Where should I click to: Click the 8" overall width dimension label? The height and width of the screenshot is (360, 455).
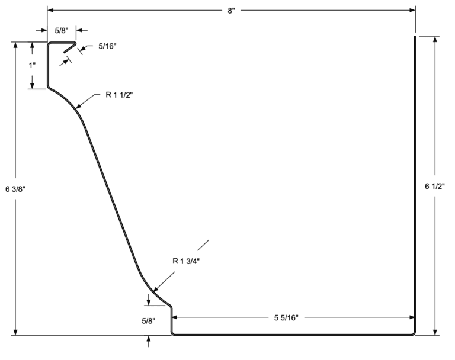point(231,11)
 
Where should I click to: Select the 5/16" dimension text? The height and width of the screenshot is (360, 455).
point(107,46)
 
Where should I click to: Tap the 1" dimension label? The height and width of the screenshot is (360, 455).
point(32,65)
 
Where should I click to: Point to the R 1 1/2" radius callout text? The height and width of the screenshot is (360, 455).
point(119,95)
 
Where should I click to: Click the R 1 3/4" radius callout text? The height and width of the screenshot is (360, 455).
point(186,261)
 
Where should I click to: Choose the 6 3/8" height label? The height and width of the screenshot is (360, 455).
point(15,189)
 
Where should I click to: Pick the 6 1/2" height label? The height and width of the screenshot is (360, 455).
point(435,187)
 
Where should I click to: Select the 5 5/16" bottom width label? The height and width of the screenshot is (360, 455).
point(286,318)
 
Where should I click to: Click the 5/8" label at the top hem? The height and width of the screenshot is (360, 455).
point(62,30)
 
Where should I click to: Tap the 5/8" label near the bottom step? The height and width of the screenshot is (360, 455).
point(149,321)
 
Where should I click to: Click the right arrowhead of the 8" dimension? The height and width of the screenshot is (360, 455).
point(412,11)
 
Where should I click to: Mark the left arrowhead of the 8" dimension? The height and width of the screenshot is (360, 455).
point(50,11)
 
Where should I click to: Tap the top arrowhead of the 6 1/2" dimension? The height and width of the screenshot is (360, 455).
point(435,40)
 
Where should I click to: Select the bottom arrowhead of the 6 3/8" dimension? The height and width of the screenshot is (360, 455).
point(15,332)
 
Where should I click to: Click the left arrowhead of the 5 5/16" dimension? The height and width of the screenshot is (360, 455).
point(175,317)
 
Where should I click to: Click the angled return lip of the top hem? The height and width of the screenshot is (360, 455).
point(70,47)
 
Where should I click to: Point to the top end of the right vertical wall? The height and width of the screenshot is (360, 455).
point(415,37)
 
